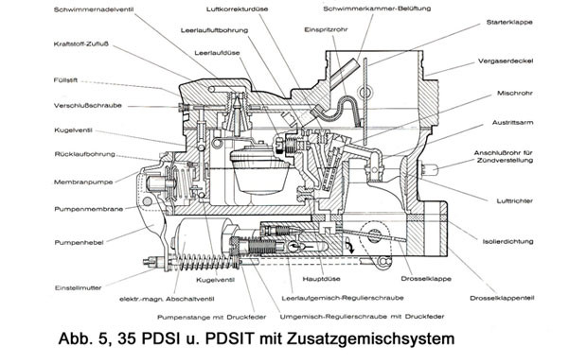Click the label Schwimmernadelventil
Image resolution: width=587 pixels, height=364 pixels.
tap(94, 9)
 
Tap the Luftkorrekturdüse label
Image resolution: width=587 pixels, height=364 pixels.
tap(237, 9)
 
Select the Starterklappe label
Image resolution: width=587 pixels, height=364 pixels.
tap(509, 22)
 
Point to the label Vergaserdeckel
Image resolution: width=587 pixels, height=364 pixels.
tap(505, 61)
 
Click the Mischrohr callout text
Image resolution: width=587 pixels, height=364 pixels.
tap(514, 93)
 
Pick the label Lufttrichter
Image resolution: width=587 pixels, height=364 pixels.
tap(514, 201)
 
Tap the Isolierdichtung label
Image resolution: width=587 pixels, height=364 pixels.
tap(507, 241)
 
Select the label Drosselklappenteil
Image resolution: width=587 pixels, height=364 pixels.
tap(502, 298)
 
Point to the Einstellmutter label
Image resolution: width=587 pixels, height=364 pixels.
tap(79, 288)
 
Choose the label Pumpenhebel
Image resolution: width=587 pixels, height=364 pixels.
tap(79, 243)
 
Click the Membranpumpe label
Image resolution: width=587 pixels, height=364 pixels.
tap(83, 182)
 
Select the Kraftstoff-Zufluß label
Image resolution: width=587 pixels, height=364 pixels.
tap(80, 44)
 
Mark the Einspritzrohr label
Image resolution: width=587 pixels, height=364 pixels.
tap(326, 29)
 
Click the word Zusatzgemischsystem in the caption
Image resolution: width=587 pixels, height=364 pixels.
tap(371, 339)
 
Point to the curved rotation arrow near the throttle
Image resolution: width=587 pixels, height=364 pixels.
tap(349, 246)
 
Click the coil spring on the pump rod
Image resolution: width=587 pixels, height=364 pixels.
tap(204, 262)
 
